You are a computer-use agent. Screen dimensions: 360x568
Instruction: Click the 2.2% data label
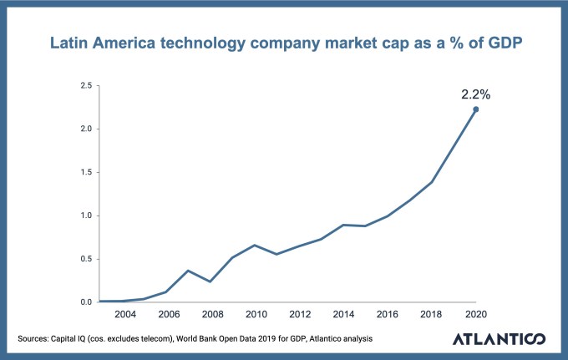[x=475, y=94]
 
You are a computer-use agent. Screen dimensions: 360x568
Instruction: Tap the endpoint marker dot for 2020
[x=476, y=109]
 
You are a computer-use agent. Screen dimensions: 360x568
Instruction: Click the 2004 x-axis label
[x=125, y=314]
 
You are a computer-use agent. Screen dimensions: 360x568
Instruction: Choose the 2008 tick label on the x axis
[x=212, y=314]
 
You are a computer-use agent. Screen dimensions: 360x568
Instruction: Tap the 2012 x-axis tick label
[x=300, y=314]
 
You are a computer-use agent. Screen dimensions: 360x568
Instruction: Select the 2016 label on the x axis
[x=388, y=314]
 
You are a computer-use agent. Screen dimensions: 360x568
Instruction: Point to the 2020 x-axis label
[x=475, y=314]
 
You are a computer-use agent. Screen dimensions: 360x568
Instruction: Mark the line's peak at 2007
[x=190, y=271]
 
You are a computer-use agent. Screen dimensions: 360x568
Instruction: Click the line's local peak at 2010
[x=256, y=245]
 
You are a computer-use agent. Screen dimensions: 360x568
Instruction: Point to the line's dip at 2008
[x=211, y=281]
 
